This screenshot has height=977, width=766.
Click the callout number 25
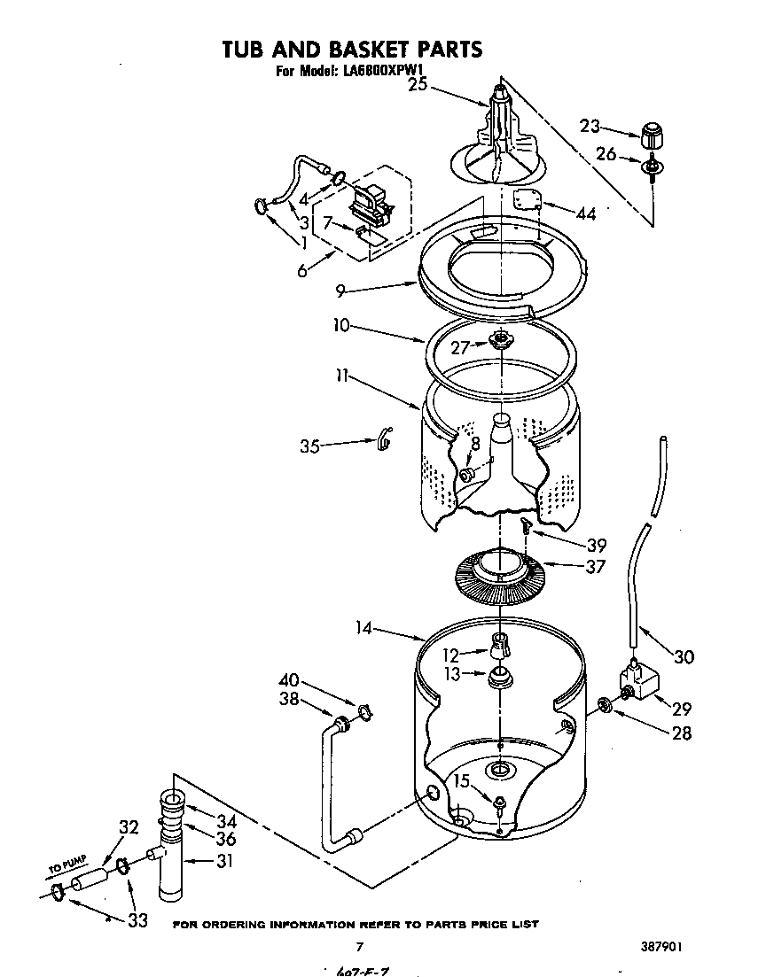[418, 85]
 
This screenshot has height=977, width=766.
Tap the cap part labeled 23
[652, 137]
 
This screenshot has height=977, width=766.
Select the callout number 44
[585, 213]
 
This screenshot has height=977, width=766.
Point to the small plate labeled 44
[528, 200]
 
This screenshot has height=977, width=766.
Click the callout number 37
[595, 566]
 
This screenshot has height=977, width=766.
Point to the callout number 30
[684, 656]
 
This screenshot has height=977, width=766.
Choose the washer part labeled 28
[605, 705]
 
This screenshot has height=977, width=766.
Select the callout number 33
[137, 920]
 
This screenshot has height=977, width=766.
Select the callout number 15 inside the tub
[461, 780]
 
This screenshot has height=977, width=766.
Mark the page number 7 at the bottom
[359, 947]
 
